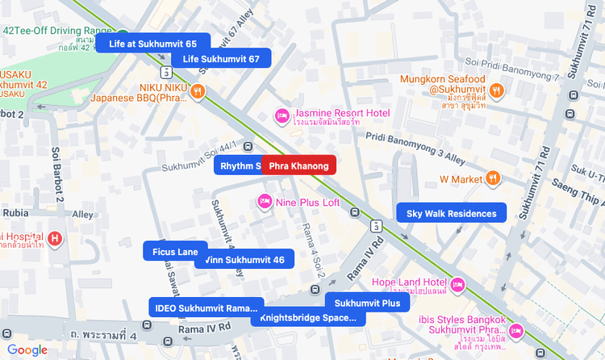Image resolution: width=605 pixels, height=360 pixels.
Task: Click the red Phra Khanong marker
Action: click(x=298, y=166)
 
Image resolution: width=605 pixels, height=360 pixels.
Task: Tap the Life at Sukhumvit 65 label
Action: click(x=153, y=44)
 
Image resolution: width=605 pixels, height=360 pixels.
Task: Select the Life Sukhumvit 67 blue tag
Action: click(x=221, y=59)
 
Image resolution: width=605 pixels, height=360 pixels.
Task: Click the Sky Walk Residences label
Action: click(x=451, y=214)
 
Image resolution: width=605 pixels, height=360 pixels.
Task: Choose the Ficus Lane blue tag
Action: click(x=175, y=252)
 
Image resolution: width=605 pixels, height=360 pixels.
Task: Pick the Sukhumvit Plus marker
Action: click(x=367, y=303)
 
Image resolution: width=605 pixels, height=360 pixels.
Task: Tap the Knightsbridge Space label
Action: click(x=308, y=318)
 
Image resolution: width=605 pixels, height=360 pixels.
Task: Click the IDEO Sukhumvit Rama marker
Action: click(x=206, y=308)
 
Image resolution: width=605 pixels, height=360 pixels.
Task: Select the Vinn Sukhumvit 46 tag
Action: click(x=244, y=260)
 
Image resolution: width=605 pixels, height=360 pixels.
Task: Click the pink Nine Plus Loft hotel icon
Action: click(x=264, y=201)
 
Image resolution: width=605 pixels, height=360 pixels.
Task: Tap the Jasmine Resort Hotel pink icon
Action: click(x=282, y=115)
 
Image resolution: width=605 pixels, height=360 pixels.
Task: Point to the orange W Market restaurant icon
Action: click(x=492, y=178)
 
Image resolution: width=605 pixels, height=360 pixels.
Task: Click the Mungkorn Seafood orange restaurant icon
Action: click(x=497, y=90)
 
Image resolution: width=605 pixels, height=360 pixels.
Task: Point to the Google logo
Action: click(x=27, y=350)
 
